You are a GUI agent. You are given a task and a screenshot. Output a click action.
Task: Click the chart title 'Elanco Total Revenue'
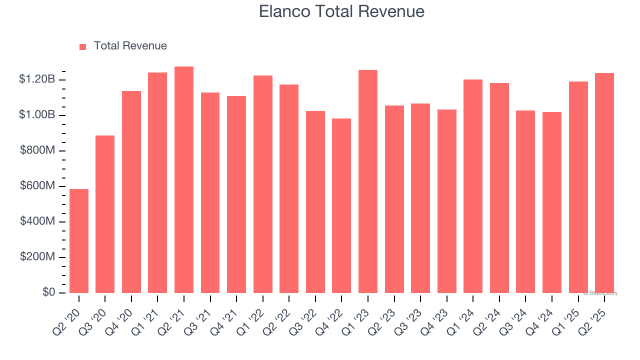[x=341, y=11]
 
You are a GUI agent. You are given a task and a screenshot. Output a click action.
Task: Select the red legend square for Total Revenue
[x=83, y=46]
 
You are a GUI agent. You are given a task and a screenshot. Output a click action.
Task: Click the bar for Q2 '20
[x=79, y=241]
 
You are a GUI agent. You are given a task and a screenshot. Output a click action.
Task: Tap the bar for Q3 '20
[x=105, y=214]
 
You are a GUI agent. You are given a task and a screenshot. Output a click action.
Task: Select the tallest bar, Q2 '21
[x=184, y=180]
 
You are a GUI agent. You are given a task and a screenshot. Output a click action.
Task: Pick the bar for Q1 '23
[x=368, y=181]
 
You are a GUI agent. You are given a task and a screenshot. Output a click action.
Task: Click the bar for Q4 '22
[x=341, y=205]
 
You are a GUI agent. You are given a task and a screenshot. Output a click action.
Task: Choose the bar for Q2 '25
[x=604, y=183]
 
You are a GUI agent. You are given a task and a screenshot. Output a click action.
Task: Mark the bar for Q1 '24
[x=473, y=186]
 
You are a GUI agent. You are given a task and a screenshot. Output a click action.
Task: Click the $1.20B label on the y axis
[x=37, y=79]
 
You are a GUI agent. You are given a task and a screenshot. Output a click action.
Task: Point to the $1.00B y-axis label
[x=37, y=115]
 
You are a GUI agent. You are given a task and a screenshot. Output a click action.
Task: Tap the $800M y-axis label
[x=37, y=150]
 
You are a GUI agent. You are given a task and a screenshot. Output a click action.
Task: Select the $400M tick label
[x=37, y=221]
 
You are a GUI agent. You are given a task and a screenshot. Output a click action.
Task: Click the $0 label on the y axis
[x=48, y=292]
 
